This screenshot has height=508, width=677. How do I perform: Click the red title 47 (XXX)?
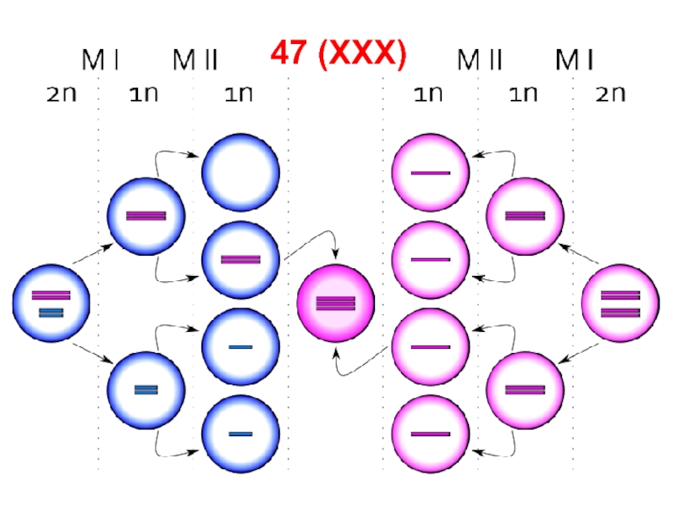[x=338, y=54]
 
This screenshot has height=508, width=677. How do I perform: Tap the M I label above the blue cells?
[x=100, y=60]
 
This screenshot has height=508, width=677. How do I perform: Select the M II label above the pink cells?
[x=480, y=60]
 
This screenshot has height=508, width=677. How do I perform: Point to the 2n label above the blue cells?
[x=61, y=93]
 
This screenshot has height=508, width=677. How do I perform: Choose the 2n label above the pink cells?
[x=610, y=93]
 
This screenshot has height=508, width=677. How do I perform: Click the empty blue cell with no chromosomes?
[x=240, y=173]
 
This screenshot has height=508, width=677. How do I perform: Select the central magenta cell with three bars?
[x=336, y=303]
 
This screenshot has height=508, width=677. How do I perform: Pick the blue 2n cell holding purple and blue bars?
[x=52, y=303]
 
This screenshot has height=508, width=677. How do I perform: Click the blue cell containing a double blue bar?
[x=146, y=389]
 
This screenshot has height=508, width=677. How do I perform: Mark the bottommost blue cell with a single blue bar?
[x=240, y=433]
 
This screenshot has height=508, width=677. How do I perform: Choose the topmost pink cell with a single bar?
[x=431, y=173]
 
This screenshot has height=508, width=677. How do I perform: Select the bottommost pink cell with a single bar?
[x=431, y=433]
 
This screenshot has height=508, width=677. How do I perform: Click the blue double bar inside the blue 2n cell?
[x=52, y=313]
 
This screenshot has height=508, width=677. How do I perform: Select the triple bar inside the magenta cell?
[x=336, y=303]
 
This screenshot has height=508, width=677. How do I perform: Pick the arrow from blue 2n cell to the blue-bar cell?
[x=93, y=353]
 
